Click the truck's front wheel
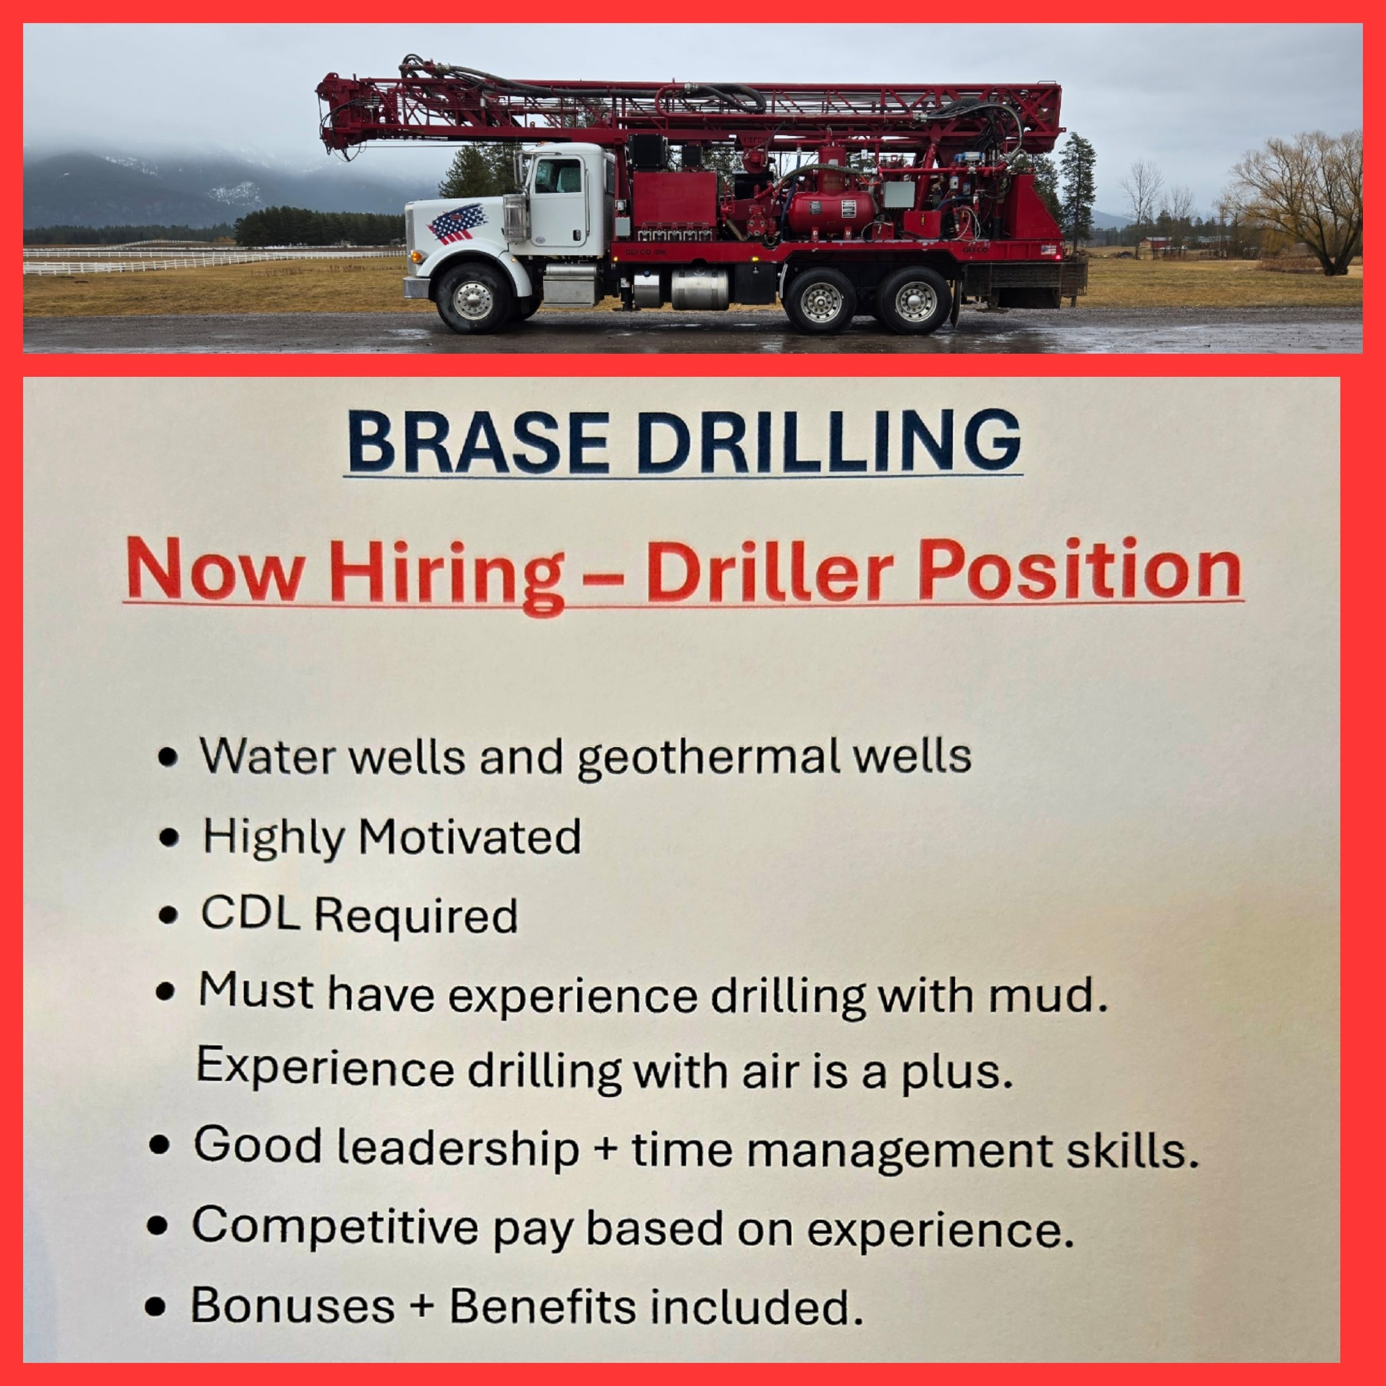(473, 297)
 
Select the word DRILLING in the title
(828, 441)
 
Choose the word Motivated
(470, 836)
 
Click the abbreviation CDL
(250, 913)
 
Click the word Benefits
(542, 1305)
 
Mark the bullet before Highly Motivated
(169, 837)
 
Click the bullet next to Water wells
(168, 757)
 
